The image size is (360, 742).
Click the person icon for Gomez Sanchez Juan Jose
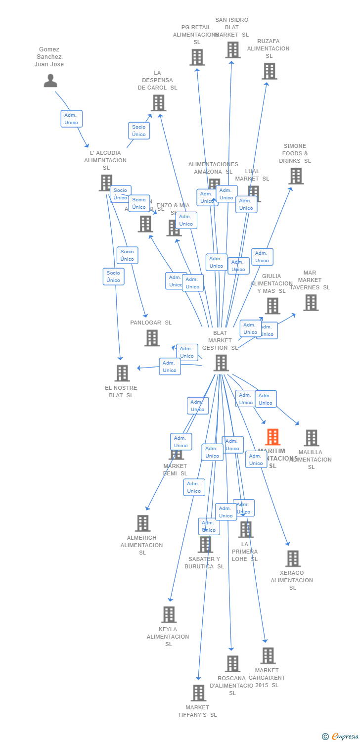tap(50, 81)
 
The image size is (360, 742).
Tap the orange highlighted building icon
tap(272, 437)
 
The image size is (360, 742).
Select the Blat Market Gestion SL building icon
tap(221, 363)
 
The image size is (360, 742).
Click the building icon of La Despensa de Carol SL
tap(158, 103)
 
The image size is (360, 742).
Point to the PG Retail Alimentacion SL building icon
tap(197, 57)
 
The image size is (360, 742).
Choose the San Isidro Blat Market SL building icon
tap(232, 50)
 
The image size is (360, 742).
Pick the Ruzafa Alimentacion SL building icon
tap(269, 71)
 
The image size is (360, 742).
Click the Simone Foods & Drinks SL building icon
tap(296, 176)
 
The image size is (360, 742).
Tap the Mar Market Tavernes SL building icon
tap(311, 303)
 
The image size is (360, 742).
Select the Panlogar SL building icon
tap(152, 338)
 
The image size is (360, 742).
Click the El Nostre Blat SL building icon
tap(122, 373)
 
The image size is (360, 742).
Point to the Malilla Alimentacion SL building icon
tap(311, 438)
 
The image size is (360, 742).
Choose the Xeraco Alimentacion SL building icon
tap(293, 558)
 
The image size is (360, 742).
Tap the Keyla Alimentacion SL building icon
tap(169, 615)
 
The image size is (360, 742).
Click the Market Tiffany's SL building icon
tap(198, 693)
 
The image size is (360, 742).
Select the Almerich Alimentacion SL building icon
tap(142, 523)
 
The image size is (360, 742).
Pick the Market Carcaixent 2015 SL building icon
tap(268, 656)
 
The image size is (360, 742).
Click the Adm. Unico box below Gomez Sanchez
tap(71, 119)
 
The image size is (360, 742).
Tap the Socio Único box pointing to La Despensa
tap(139, 131)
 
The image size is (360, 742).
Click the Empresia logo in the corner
tap(340, 737)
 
